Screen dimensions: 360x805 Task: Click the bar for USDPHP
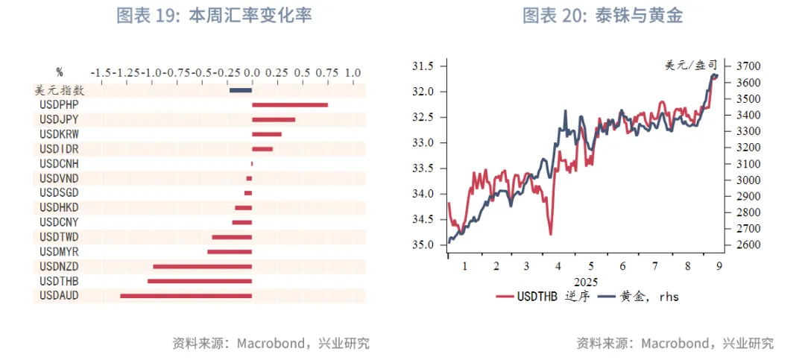tap(290, 104)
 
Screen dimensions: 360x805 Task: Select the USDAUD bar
tap(186, 296)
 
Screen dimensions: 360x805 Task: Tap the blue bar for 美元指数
tap(240, 90)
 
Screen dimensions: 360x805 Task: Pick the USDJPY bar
tap(274, 119)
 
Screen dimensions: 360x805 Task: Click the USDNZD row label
tap(59, 266)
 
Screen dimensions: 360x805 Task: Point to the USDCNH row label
tap(59, 163)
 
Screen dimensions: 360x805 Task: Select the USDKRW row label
tap(59, 134)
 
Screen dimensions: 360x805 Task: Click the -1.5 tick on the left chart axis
tap(101, 73)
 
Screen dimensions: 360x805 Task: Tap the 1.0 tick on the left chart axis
tap(353, 73)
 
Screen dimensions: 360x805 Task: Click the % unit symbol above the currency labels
tap(60, 73)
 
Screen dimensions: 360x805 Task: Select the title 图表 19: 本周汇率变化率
tap(214, 16)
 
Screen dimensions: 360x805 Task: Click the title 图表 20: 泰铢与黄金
tap(602, 16)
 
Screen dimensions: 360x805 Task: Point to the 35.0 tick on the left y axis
tap(423, 244)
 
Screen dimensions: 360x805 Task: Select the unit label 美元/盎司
tap(690, 66)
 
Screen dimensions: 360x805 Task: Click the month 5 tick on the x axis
tap(591, 266)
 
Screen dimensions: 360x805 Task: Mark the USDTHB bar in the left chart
tap(200, 281)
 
